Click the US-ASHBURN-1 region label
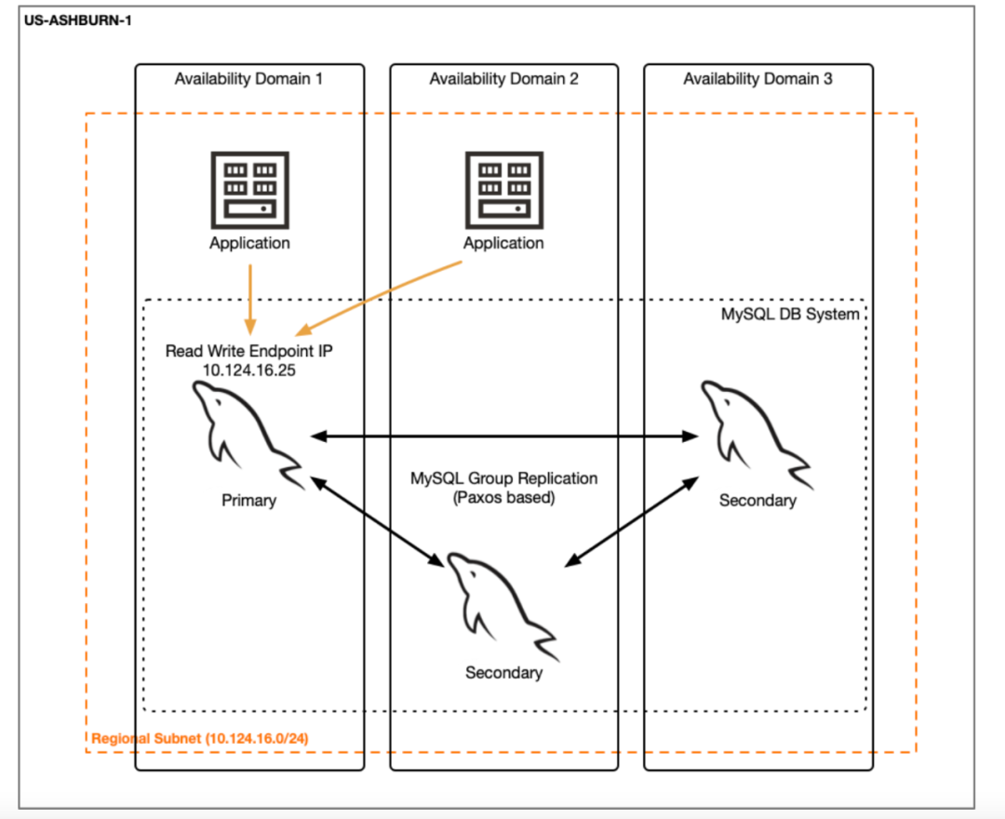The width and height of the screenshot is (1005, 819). (77, 20)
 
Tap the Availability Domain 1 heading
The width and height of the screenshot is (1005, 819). (248, 79)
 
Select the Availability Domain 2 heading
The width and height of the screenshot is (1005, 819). (503, 79)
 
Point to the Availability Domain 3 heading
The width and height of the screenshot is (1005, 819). (757, 79)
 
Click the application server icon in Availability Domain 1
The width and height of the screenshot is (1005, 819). (250, 191)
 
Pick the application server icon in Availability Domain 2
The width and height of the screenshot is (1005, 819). (504, 191)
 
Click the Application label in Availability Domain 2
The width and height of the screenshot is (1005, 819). (503, 244)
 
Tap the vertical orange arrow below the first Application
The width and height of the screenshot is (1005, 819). (250, 300)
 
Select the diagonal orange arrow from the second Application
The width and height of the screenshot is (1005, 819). (378, 298)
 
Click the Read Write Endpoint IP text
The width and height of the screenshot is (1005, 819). (248, 351)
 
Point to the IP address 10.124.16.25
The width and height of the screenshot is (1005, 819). (248, 370)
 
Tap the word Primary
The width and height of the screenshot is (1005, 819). (248, 501)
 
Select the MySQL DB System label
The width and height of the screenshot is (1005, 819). (790, 315)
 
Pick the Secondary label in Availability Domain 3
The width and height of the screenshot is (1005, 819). (757, 501)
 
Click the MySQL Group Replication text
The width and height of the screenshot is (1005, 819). (503, 478)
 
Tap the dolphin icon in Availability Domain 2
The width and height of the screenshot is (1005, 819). (503, 606)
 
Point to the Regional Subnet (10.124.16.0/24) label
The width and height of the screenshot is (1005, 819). (200, 738)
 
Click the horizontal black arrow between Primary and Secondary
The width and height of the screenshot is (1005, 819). (504, 436)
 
